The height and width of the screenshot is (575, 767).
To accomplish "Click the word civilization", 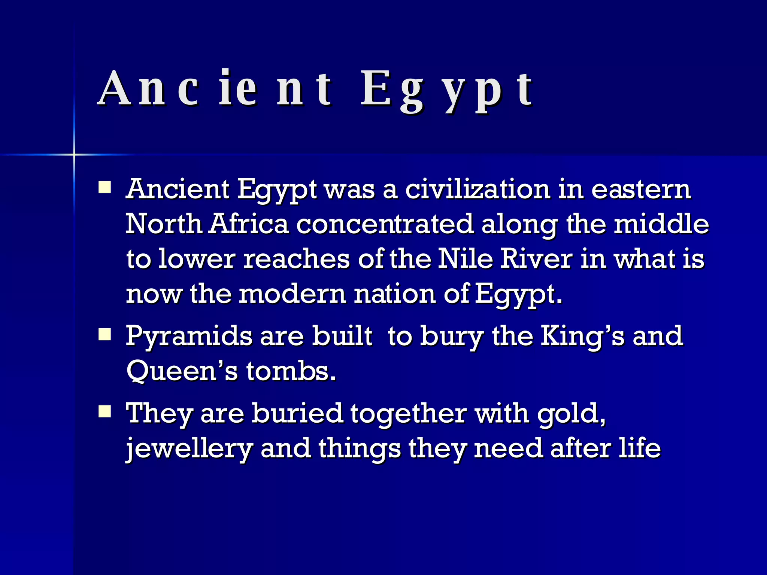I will [x=478, y=189].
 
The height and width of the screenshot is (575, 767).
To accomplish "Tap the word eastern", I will [x=641, y=189].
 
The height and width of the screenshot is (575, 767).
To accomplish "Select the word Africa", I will [x=249, y=224].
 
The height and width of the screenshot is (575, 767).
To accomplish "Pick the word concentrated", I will [x=385, y=224].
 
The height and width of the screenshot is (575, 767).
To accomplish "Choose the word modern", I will [x=292, y=293].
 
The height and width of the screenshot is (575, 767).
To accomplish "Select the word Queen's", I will [x=182, y=371].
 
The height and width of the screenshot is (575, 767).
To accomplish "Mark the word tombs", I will [x=291, y=371].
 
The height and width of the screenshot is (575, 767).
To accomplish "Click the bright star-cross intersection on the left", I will [x=74, y=154].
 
